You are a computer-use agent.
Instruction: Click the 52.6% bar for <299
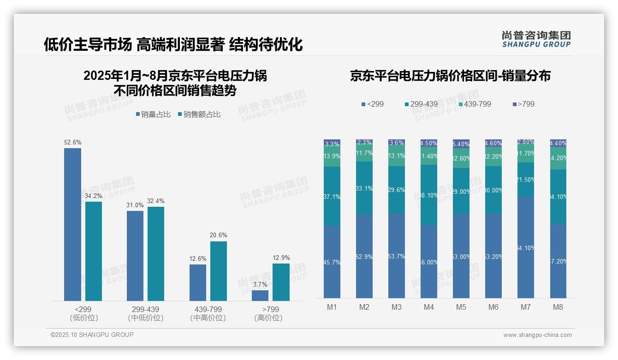[x=72, y=224]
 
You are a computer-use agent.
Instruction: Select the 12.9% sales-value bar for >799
[x=281, y=282]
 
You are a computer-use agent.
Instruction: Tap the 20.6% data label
[x=218, y=235]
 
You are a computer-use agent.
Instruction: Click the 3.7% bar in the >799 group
[x=260, y=295]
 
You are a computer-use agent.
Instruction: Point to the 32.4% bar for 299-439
[x=156, y=254]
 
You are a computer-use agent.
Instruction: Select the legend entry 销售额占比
[x=201, y=114]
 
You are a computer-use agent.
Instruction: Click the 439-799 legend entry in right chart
[x=476, y=104]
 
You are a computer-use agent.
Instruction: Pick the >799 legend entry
[x=525, y=104]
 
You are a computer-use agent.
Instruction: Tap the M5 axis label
[x=461, y=307]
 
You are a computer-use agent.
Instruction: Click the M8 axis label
[x=558, y=307]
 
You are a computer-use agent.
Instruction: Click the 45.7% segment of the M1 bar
[x=332, y=262]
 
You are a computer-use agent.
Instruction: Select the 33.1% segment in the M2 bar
[x=364, y=188]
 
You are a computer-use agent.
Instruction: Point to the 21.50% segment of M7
[x=526, y=180]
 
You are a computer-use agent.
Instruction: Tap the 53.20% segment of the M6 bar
[x=493, y=256]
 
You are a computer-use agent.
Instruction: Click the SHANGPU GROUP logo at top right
[x=536, y=39]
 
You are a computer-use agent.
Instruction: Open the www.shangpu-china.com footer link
[x=537, y=335]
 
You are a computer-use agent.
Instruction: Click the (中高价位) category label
[x=208, y=318]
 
